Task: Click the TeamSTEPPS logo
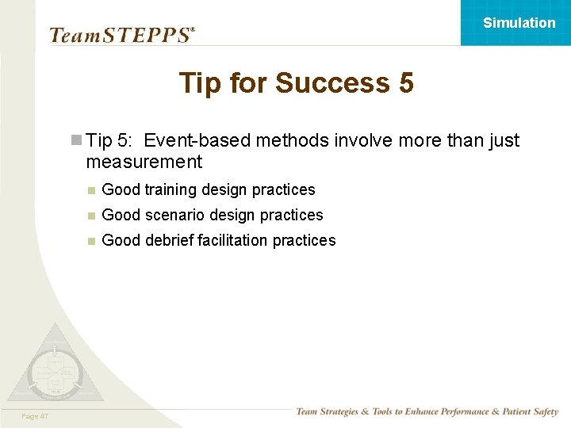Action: [x=121, y=34]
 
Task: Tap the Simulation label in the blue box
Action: [x=519, y=23]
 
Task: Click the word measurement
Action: [x=144, y=162]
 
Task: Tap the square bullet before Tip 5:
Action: [x=76, y=141]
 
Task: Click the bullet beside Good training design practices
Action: [x=91, y=190]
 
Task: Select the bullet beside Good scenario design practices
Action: [x=91, y=216]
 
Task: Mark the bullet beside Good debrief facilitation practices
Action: [x=91, y=241]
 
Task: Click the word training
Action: [x=171, y=190]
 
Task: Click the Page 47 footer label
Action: [x=35, y=416]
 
